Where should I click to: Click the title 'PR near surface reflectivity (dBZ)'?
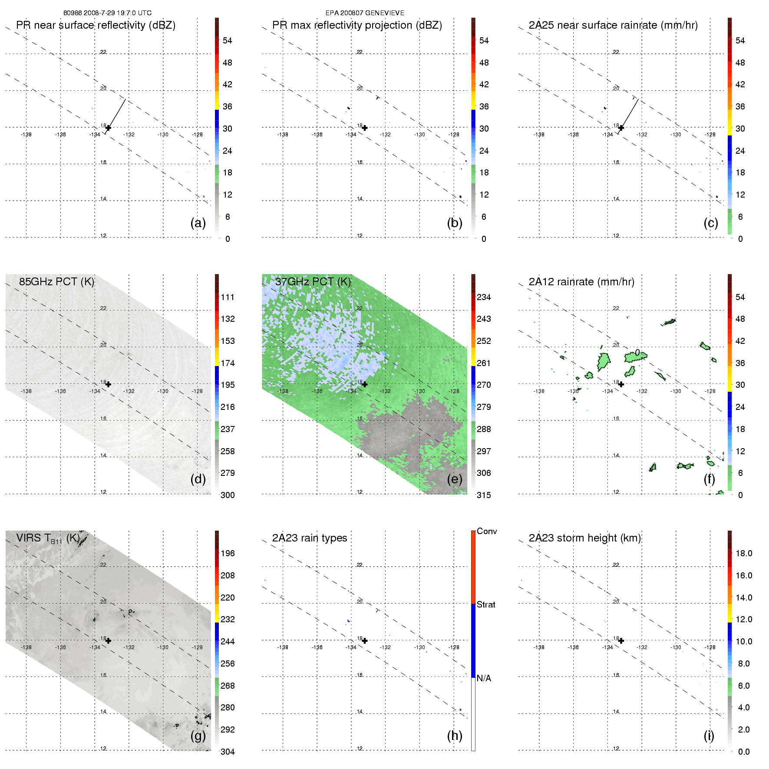coord(96,25)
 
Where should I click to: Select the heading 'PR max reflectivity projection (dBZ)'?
coord(357,25)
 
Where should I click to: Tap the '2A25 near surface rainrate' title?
coord(613,25)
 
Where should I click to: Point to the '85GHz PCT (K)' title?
coord(56,281)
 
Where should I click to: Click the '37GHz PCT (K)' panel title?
coord(313,281)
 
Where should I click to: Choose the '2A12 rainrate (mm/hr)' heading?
coord(581,281)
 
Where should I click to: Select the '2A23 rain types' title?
coord(310,538)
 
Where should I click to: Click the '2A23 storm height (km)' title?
coord(585,538)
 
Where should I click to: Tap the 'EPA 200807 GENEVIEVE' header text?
coord(365,13)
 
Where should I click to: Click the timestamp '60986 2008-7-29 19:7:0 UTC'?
coord(108,13)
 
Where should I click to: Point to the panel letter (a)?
coord(198,223)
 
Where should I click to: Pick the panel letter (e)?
coord(455,479)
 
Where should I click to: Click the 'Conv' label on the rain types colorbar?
coord(487,531)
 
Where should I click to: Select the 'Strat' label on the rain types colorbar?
coord(486,604)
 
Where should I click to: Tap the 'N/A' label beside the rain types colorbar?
coord(484,678)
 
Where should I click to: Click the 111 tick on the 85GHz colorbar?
coord(228,297)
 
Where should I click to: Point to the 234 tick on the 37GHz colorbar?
coord(484,297)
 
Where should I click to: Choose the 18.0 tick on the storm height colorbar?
coord(743,553)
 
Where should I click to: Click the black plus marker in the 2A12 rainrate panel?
coord(621,384)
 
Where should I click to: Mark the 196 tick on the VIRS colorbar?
coord(228,553)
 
